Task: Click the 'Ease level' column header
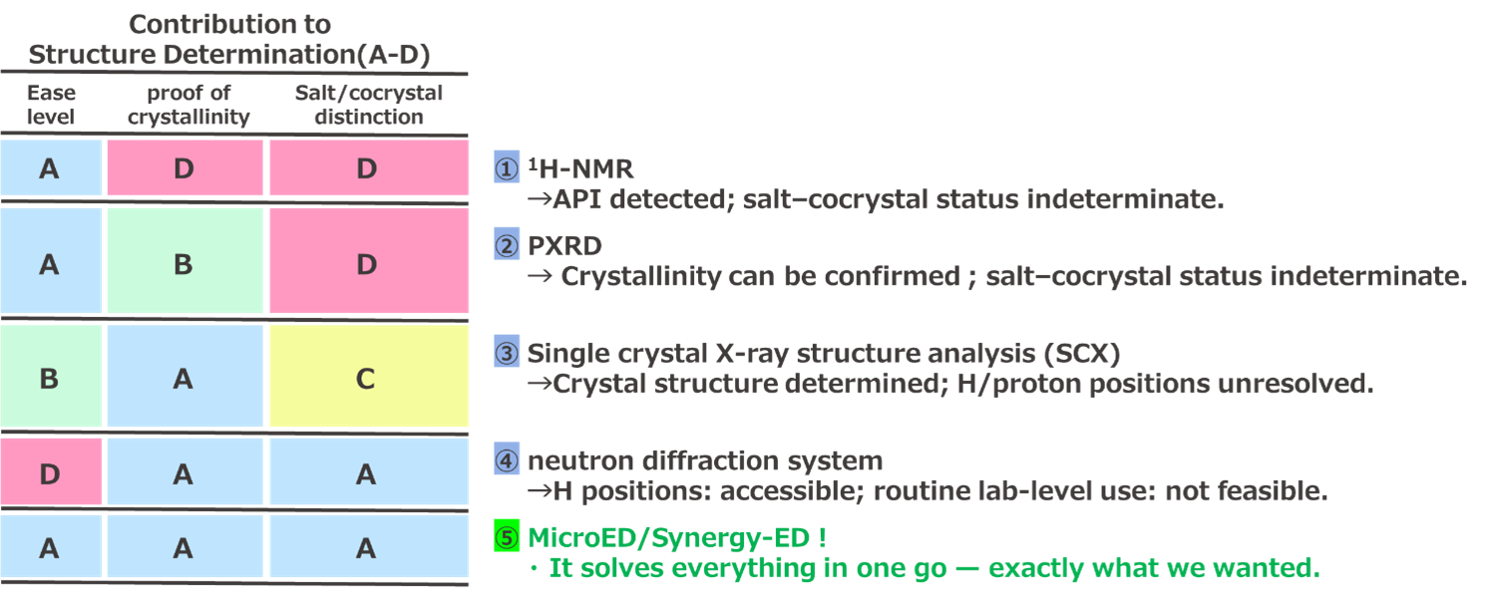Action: (50, 105)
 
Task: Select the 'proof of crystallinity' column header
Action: (183, 105)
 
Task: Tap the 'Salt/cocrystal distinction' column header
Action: (368, 105)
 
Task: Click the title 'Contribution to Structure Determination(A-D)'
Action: (229, 40)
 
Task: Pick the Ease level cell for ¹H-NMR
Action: (50, 168)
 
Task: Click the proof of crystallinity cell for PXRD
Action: (184, 264)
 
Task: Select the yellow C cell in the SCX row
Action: (367, 378)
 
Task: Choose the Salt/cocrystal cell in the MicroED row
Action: (367, 547)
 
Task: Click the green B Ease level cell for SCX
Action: (50, 378)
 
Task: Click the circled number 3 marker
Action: (508, 353)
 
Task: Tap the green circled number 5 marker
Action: (508, 538)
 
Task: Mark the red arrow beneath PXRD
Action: (539, 276)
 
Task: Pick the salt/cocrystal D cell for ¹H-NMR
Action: (367, 168)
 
